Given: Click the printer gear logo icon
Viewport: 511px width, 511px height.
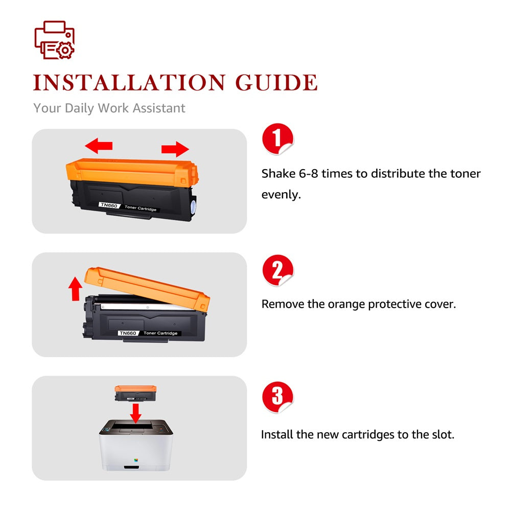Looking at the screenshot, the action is coord(55,40).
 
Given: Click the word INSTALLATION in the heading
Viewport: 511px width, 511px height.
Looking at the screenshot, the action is coord(129,82).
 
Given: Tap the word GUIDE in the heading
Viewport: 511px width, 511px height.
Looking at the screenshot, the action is coord(276,82).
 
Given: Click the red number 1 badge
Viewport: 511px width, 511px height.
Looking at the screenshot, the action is coord(277,138).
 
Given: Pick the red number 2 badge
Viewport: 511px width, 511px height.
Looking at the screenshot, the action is coord(277,270).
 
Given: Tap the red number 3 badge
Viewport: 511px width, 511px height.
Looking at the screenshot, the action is coord(277,397).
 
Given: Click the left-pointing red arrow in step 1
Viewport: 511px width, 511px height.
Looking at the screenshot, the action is coord(99,145).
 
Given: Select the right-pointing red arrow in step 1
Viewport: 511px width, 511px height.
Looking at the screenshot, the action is coord(175,149).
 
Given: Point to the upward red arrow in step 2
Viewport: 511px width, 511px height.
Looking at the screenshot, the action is coord(75,289).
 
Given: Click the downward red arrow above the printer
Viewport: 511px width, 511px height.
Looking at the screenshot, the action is coord(135,413).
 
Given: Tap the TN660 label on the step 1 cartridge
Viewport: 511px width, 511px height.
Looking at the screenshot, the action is coord(109,205).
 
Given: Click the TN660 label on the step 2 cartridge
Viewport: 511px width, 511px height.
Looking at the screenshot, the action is coord(128,333).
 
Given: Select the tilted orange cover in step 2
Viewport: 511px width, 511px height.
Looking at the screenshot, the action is coord(147,288).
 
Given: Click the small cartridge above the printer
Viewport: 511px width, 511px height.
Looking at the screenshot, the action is coord(135,393).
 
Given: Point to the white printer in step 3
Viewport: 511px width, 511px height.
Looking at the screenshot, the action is coord(136,445).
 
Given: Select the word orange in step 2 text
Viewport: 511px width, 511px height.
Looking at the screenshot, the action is coord(346,305).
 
